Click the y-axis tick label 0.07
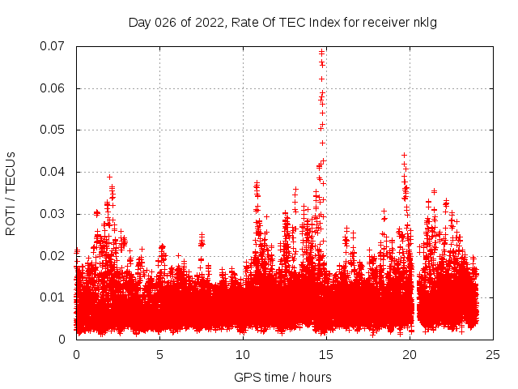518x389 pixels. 55,46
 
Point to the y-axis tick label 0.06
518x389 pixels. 55,88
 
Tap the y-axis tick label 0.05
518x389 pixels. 55,130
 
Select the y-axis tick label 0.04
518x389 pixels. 55,172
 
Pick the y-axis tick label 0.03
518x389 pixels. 55,214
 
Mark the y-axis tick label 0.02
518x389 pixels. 55,255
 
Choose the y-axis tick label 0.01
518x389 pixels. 55,297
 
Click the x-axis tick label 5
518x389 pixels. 159,354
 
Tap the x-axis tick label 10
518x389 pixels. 243,354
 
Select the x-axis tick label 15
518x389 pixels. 326,354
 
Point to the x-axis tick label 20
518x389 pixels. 410,354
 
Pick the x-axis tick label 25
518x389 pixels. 493,354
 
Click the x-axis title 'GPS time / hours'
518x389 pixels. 282,377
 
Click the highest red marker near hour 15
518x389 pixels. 321,53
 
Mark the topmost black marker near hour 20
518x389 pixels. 404,155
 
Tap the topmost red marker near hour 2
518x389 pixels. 109,177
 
